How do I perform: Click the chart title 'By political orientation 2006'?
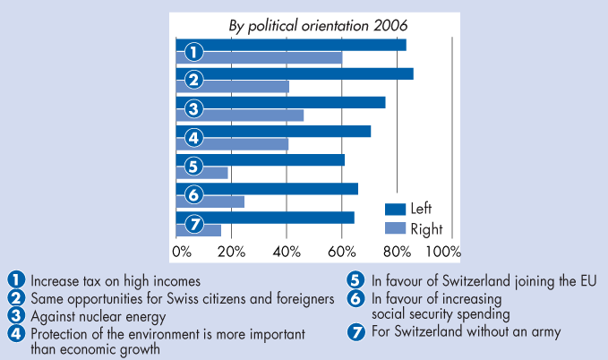(315, 24)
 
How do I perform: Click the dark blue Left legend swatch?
(396, 209)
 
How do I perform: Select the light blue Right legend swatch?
(396, 228)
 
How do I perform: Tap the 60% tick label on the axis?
(341, 251)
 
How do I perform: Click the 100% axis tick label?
(444, 251)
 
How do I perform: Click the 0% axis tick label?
(181, 251)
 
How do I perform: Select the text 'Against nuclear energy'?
(98, 316)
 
